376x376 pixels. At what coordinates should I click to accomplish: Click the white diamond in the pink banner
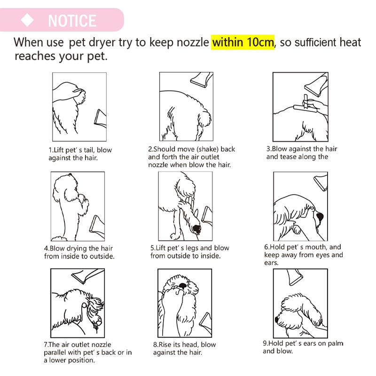click(27, 20)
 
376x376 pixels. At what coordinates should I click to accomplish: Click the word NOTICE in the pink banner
click(72, 21)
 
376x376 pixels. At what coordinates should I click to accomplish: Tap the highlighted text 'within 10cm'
click(243, 42)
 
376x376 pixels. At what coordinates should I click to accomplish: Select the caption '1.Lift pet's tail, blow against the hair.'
click(80, 154)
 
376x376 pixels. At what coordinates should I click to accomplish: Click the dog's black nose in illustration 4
click(70, 174)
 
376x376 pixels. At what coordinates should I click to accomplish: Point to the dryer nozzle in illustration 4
click(97, 225)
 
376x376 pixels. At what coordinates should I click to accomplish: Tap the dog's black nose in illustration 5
click(197, 229)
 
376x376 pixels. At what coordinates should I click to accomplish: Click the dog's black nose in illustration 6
click(320, 217)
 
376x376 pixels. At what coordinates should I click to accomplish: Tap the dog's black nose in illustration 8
click(183, 285)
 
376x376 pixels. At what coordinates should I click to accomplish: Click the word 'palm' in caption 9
click(336, 344)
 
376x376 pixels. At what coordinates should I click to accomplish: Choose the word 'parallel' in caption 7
click(55, 352)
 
